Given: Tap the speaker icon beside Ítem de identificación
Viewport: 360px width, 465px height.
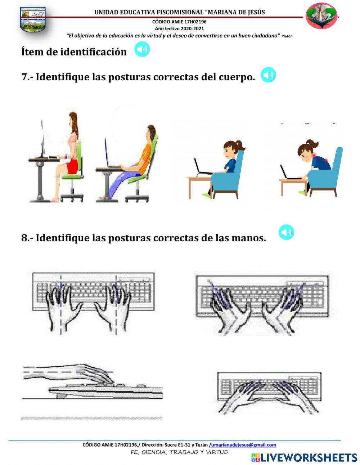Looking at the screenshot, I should point(142,49).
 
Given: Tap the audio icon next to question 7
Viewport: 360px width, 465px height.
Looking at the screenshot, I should point(268,75).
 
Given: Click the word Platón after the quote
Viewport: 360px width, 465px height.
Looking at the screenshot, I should point(287,36).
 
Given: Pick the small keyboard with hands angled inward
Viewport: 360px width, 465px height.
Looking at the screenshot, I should point(269,393).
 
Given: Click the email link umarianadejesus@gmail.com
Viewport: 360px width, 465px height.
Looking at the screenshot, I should point(243,445).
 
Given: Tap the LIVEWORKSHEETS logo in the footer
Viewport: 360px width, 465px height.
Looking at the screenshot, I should point(304,457).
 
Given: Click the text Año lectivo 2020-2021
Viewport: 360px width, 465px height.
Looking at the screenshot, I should point(179,28).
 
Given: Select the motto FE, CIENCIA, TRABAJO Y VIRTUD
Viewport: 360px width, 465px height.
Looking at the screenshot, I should point(179,452).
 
